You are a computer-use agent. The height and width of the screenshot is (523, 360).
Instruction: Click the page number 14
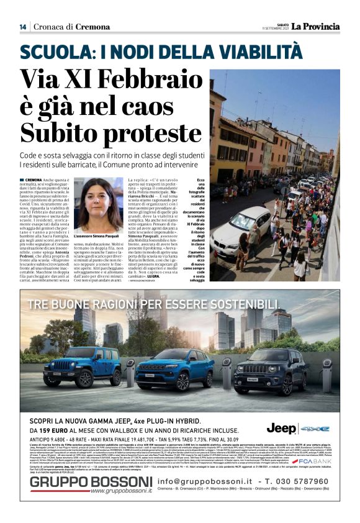(23, 27)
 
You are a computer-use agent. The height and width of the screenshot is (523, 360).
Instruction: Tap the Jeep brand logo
(281, 428)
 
